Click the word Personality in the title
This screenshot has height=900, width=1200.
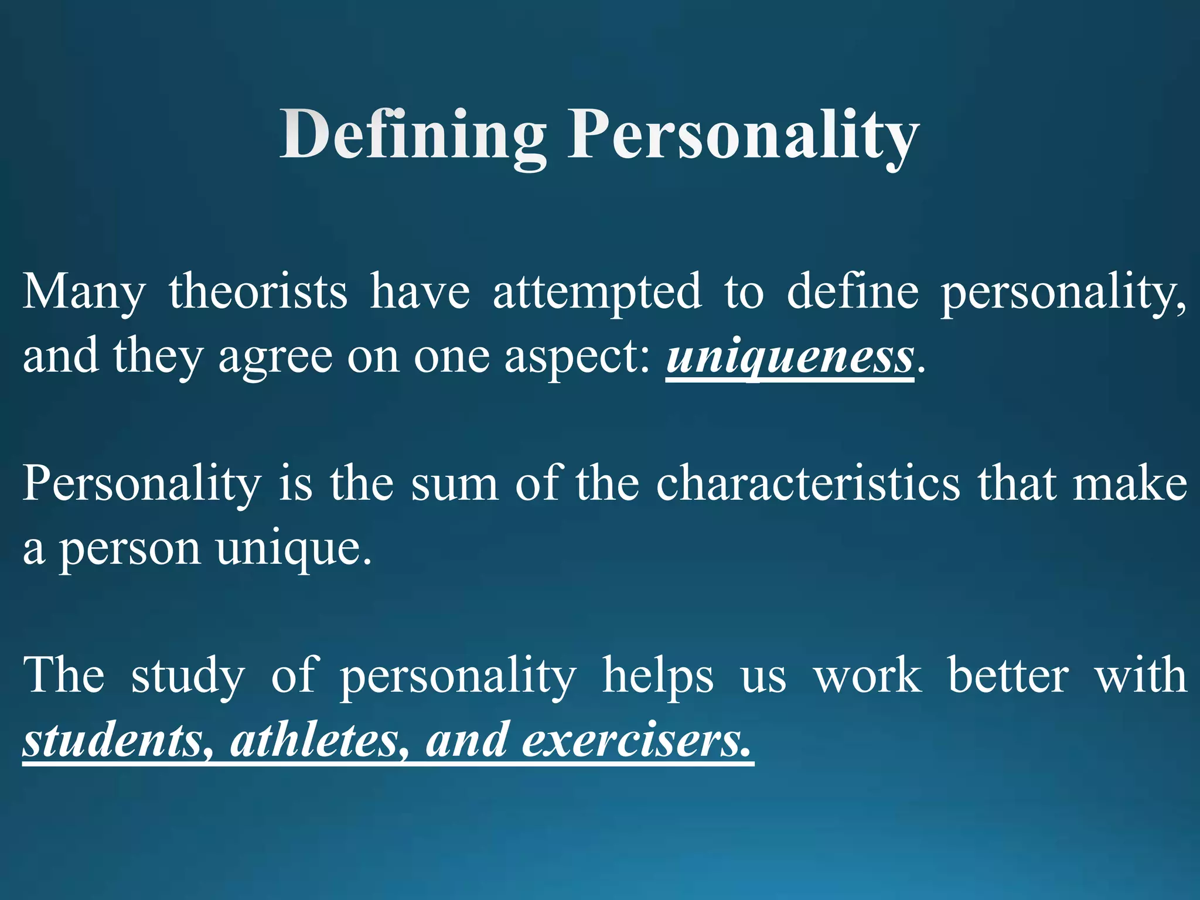[x=743, y=136]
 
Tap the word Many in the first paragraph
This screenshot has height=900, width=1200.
[x=83, y=292]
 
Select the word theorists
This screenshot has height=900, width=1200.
[x=258, y=292]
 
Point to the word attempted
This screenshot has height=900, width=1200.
[x=596, y=292]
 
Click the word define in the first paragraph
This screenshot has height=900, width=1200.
[x=853, y=292]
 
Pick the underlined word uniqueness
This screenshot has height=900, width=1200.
[x=789, y=356]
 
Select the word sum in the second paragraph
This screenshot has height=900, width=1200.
[x=454, y=485]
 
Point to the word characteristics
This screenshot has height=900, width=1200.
[x=808, y=485]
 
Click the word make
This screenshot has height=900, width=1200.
[x=1130, y=485]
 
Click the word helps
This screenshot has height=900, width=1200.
[x=658, y=676]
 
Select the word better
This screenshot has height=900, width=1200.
[x=1008, y=676]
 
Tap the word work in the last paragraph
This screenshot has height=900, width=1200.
[x=868, y=676]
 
